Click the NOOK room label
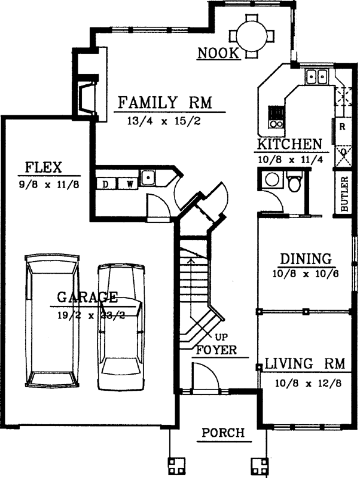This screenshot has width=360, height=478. tap(219, 54)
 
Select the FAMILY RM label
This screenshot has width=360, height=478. tap(166, 102)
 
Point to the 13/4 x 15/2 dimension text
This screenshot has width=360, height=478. tap(163, 121)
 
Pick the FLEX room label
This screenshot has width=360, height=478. tap(44, 166)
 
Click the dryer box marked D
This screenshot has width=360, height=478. tap(105, 183)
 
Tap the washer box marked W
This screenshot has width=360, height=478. tap(128, 183)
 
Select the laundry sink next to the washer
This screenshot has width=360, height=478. tap(148, 177)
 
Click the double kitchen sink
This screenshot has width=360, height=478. tap(316, 76)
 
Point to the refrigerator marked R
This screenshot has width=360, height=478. tap(342, 127)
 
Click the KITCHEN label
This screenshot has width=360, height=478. tap(289, 145)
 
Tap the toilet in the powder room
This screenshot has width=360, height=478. tap(294, 182)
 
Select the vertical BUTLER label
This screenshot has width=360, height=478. tap(344, 194)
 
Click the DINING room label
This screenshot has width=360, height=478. tap(306, 259)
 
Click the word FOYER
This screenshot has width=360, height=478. tap(215, 350)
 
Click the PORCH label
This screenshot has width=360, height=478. tap(223, 433)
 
